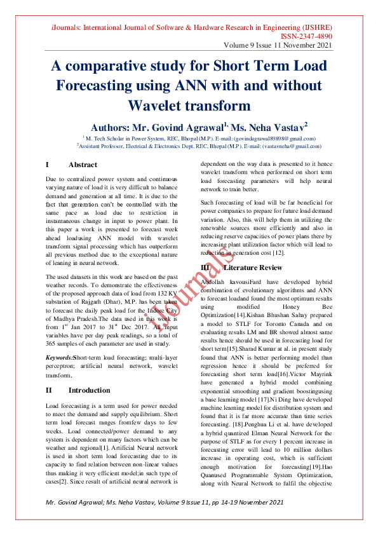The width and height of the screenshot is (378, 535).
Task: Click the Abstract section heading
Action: coord(83,165)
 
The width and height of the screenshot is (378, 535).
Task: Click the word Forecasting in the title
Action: coord(107,85)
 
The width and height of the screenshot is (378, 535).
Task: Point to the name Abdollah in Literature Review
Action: coord(215,280)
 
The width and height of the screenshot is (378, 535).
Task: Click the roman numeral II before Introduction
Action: coord(50,390)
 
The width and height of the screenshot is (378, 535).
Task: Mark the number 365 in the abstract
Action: coord(53,344)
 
